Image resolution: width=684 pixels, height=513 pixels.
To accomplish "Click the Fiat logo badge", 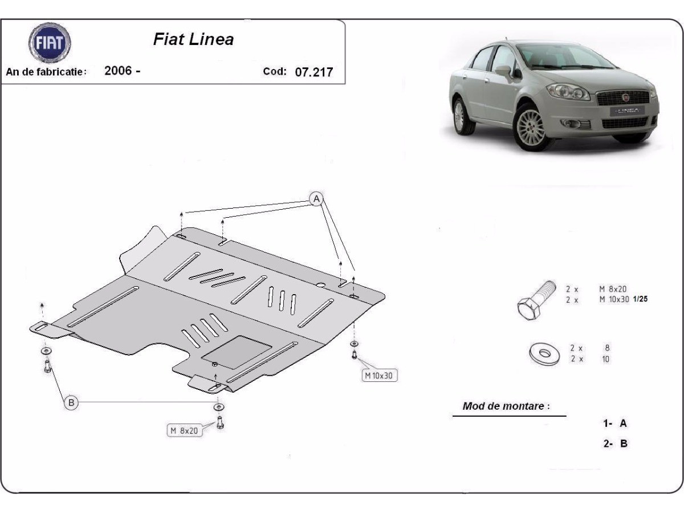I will coord(50,43).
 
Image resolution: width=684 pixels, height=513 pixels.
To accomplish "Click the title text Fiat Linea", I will coord(193,39).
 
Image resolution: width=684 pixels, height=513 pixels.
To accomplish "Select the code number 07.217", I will coord(313,72).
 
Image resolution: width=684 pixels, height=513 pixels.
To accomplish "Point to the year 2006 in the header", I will coord(119,71).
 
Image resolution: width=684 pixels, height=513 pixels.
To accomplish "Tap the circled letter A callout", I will coord(316,198).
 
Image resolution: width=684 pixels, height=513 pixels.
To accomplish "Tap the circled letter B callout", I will coord(71,403).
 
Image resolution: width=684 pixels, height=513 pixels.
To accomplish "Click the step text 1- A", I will coord(615,423).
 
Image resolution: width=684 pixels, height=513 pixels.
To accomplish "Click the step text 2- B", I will coord(616,443).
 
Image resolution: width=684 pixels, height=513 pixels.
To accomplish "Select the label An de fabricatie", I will coord(46,72).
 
